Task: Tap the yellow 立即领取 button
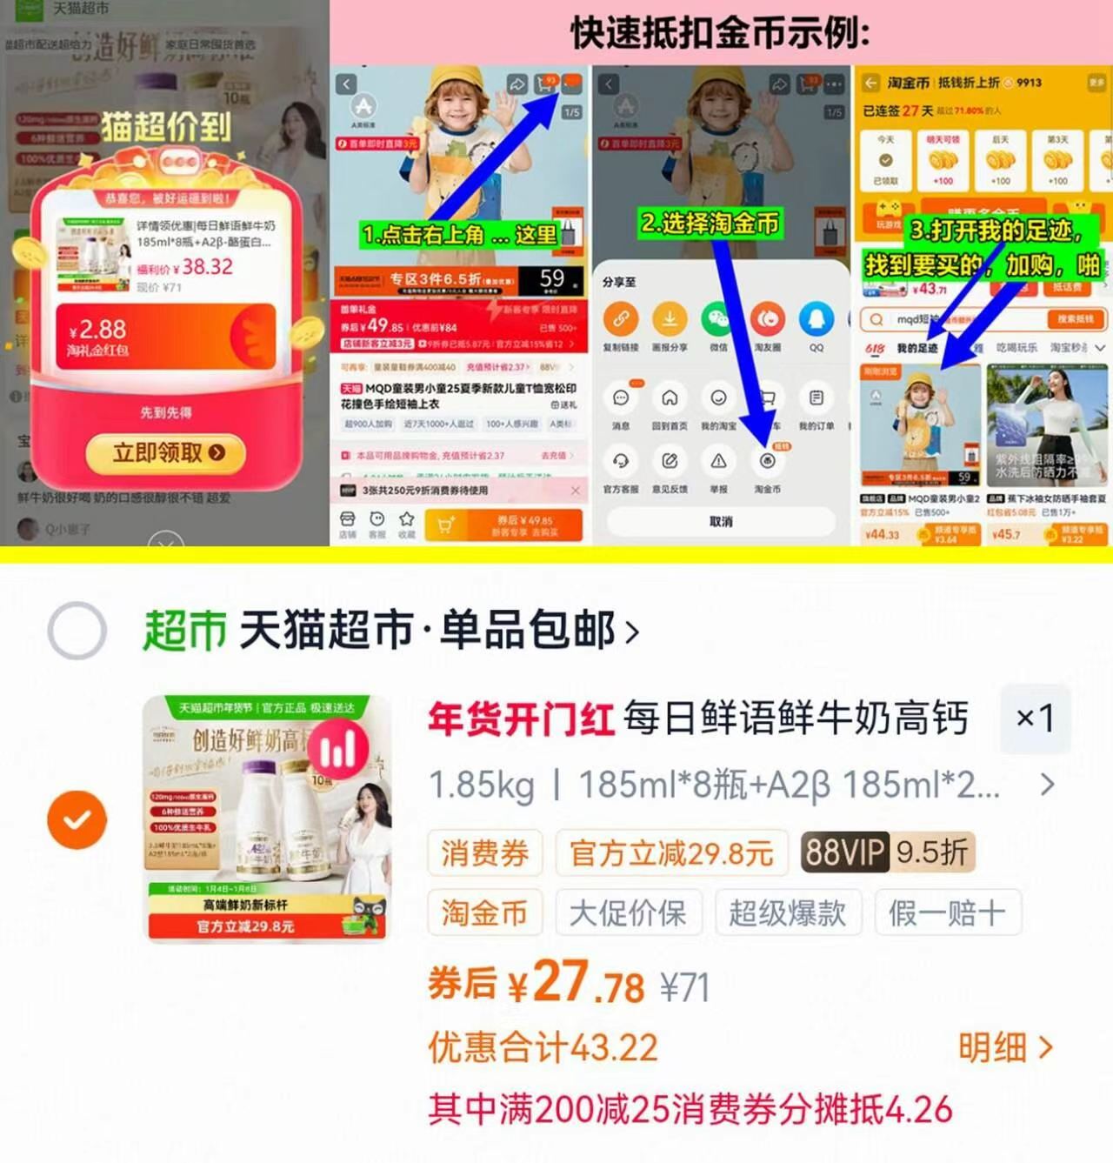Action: click(165, 452)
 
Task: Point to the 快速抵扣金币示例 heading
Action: click(720, 33)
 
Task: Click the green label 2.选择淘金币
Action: click(710, 224)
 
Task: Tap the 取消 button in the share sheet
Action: click(720, 521)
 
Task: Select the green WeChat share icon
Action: click(718, 319)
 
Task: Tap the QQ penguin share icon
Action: click(816, 319)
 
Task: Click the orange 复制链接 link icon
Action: click(621, 319)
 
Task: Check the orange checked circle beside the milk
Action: click(77, 819)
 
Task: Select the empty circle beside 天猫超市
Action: click(77, 631)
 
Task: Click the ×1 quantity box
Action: click(1035, 719)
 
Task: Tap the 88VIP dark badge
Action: click(843, 852)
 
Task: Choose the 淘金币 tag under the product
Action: click(484, 912)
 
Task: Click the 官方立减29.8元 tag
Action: click(671, 852)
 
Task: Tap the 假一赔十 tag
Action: click(947, 912)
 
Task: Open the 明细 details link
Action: click(1004, 1048)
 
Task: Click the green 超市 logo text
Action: click(184, 631)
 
